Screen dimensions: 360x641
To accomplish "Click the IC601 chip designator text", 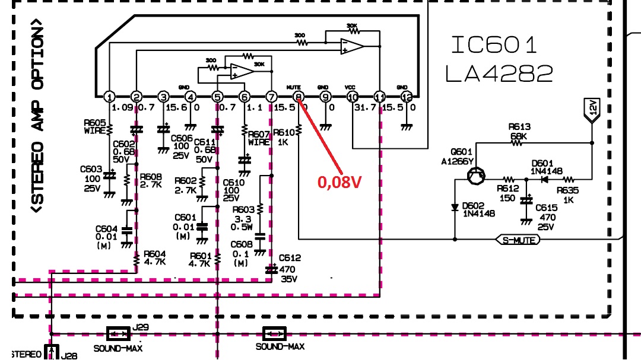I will [494, 44].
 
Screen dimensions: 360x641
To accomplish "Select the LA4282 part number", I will [499, 73].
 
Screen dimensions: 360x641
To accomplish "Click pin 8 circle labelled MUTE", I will [299, 97].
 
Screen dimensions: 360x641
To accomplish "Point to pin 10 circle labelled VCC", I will [353, 97].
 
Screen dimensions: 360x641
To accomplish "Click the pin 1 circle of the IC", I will [109, 97].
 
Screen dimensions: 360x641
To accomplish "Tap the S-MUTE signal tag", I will [518, 240].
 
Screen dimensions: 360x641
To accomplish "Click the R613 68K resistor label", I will [519, 131].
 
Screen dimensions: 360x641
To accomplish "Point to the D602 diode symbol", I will [455, 208].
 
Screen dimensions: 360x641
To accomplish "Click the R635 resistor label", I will [568, 195].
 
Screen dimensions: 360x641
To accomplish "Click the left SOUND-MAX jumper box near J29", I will [118, 333].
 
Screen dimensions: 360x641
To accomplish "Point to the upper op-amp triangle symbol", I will [351, 46].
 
